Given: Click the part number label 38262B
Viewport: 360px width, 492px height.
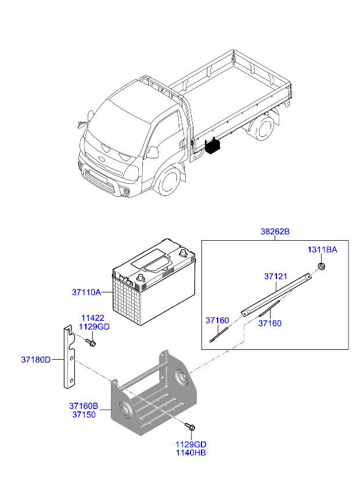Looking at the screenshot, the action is (x=275, y=231).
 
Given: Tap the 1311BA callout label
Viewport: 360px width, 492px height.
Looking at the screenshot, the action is (x=322, y=249).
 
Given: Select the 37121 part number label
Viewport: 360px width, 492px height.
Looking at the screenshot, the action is (x=275, y=276).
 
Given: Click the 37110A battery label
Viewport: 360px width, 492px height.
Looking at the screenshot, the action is (x=87, y=292).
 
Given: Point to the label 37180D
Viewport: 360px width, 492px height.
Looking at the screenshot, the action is (x=36, y=360).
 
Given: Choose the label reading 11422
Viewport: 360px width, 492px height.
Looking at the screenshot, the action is (x=93, y=318).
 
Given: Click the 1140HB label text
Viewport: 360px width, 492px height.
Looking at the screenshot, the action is (x=191, y=453).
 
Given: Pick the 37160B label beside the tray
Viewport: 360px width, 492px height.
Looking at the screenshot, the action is (x=84, y=406).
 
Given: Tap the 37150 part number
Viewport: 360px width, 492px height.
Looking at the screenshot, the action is (x=84, y=414).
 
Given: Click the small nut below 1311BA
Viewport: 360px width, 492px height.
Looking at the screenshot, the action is (x=322, y=266).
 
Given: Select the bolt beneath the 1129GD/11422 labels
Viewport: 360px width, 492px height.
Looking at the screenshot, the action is (x=91, y=342).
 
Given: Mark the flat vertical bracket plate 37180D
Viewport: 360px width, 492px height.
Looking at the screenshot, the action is (x=69, y=356).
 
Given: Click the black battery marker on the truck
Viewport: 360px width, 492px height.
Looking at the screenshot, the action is (x=213, y=146).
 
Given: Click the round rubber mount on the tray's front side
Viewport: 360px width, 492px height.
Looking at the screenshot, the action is (x=125, y=410).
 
